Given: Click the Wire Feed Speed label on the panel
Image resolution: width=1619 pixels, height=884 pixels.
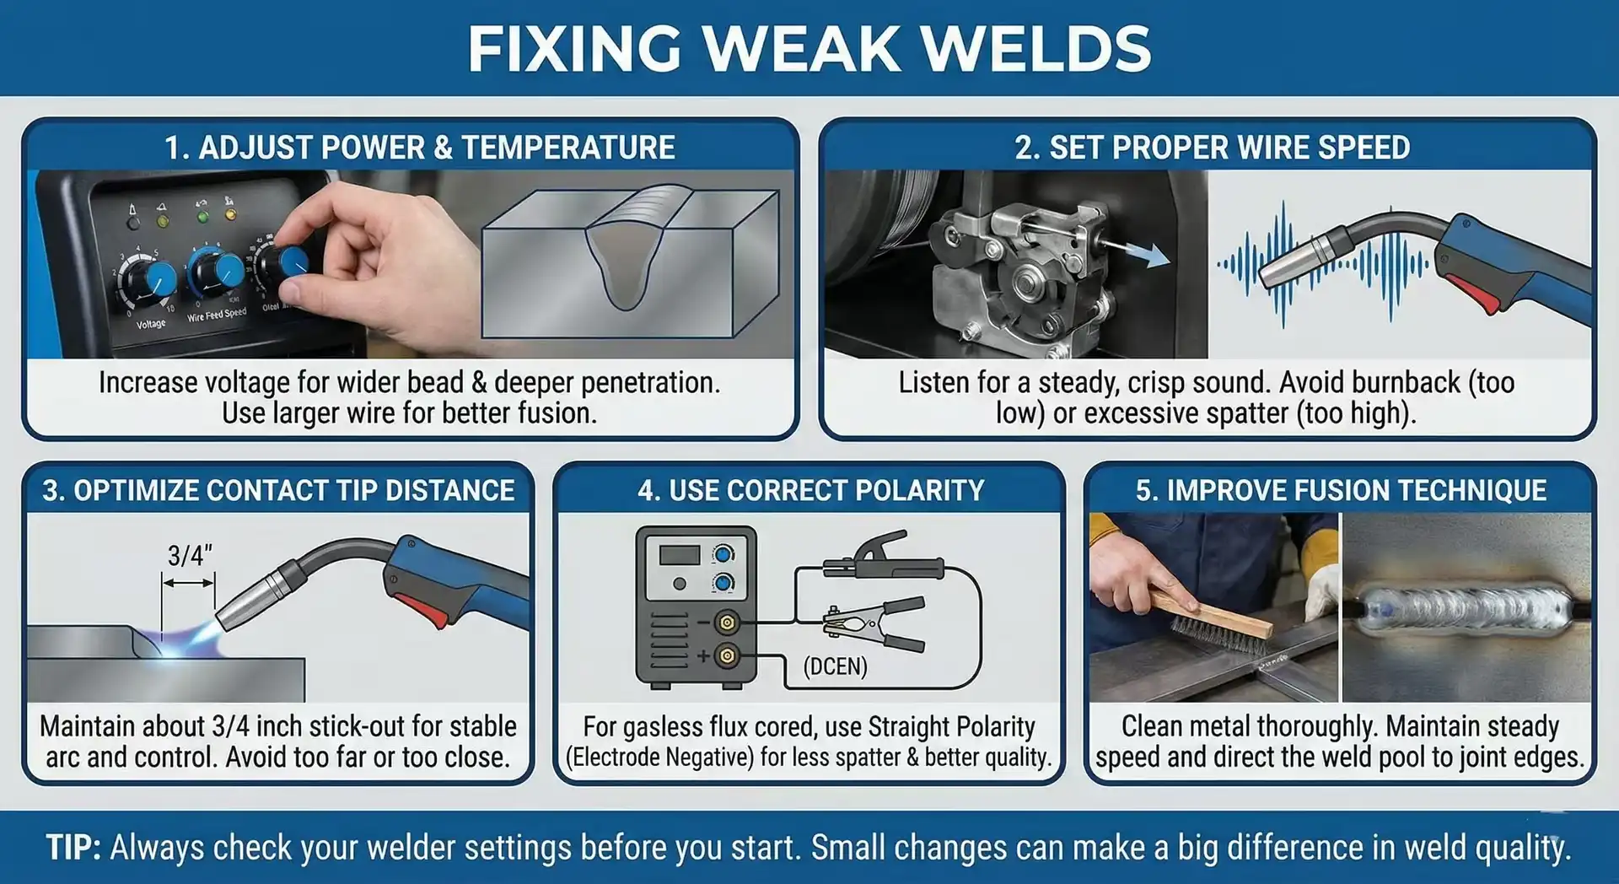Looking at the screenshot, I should coord(217,315).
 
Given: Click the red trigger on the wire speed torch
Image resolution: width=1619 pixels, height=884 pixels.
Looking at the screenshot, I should coord(1476,292).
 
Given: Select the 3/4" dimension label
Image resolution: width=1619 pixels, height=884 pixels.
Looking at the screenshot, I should coord(189,555).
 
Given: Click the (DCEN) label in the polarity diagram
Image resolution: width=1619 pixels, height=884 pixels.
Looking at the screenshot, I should coord(835,666).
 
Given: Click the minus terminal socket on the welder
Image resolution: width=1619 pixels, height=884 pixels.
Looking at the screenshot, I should coord(726,623).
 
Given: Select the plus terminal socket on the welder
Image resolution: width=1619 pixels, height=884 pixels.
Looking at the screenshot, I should coord(726,655).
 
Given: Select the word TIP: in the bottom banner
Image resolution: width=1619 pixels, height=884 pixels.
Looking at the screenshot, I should coord(73,847).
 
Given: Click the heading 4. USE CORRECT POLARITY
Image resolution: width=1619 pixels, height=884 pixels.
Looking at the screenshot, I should coord(810,490).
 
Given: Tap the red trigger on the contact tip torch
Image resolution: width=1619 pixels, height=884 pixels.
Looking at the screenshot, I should coord(422,609).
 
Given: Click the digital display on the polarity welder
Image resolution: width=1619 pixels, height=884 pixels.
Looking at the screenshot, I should coord(680,555).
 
